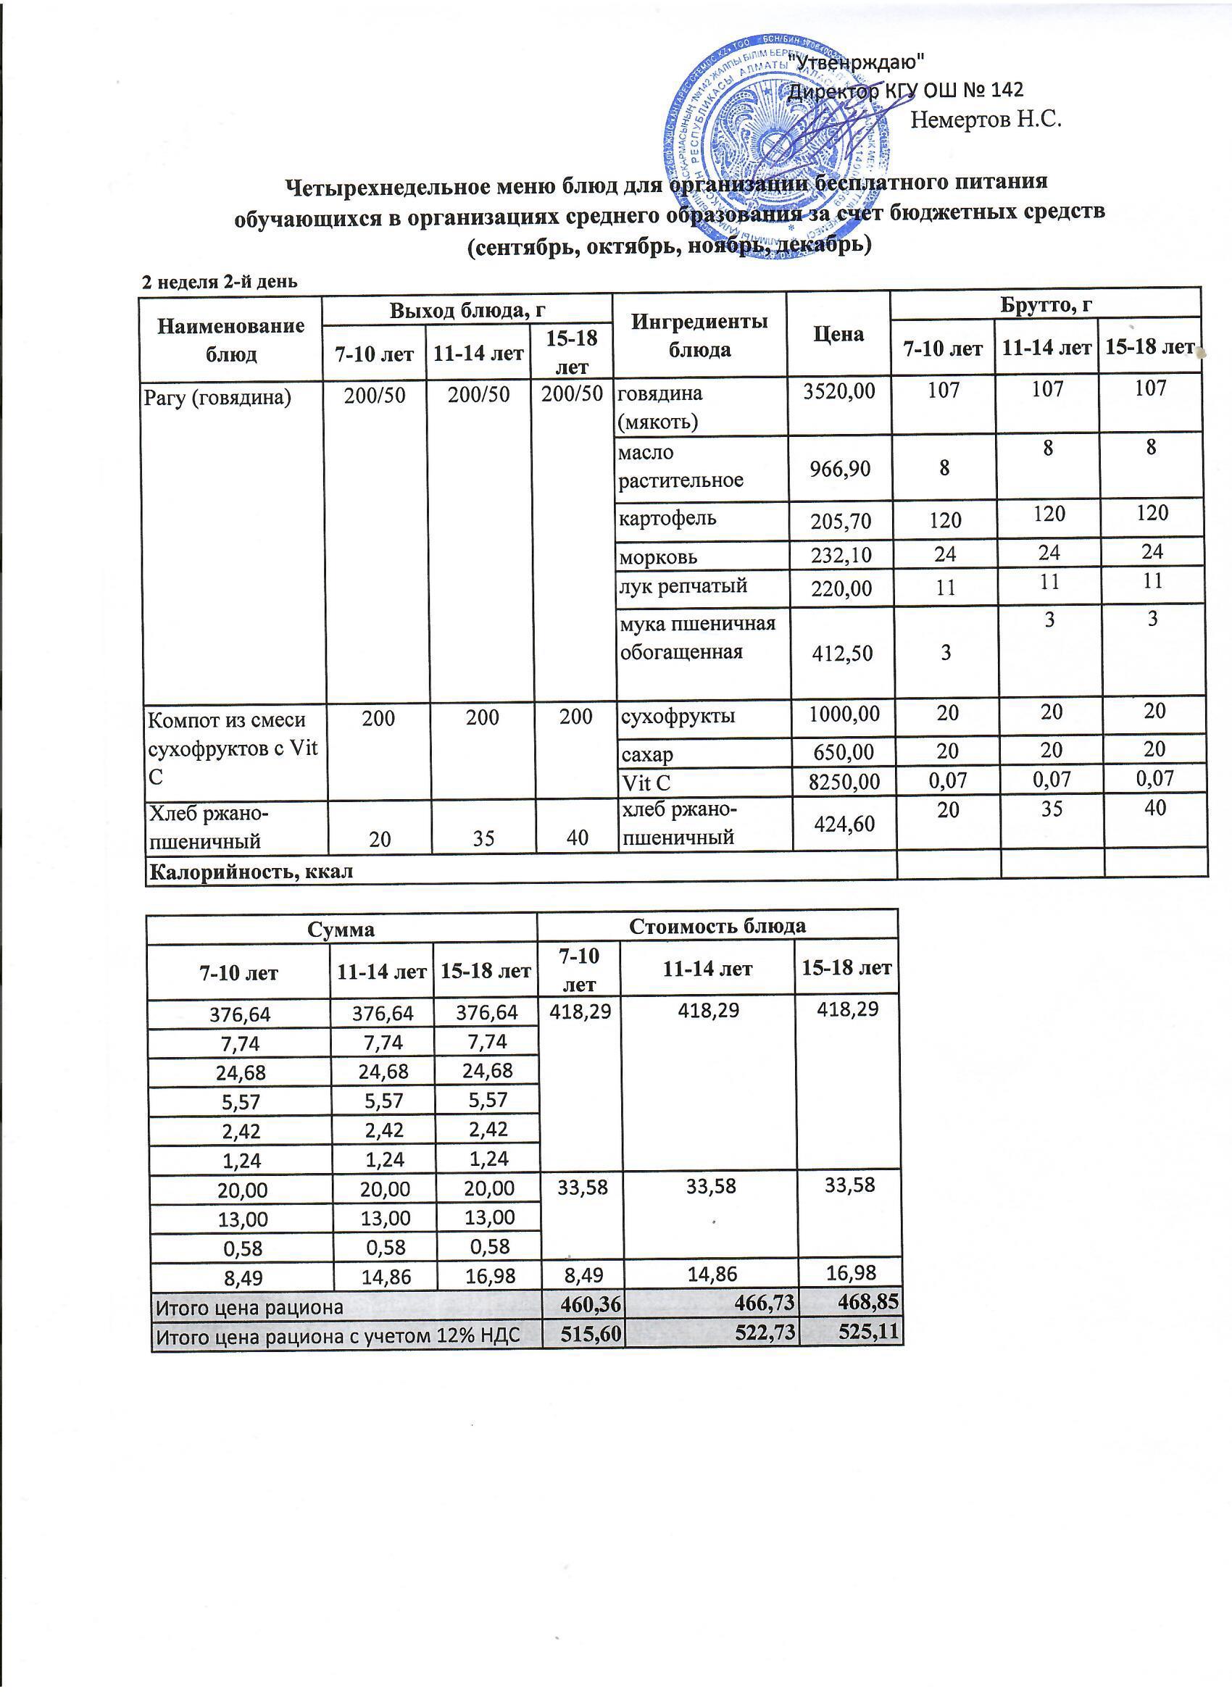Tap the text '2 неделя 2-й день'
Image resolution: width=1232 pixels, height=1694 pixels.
point(220,282)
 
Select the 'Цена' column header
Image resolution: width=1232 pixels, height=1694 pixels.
point(838,334)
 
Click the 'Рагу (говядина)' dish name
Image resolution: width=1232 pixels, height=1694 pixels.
point(217,396)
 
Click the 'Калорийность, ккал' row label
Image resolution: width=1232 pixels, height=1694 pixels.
point(251,872)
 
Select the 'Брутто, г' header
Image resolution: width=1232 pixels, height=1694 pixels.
point(1045,304)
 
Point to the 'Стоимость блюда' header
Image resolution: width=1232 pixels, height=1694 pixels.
point(717,926)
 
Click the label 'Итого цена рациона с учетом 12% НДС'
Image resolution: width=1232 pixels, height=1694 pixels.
point(336,1335)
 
